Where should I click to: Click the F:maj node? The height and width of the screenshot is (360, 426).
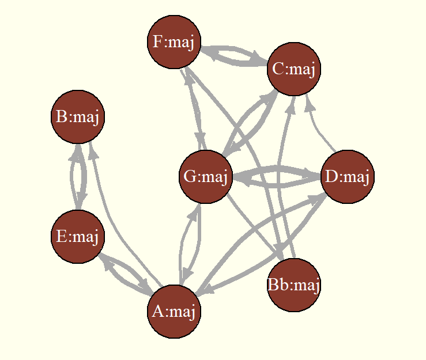[x=174, y=42]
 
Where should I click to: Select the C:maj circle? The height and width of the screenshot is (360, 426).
[x=294, y=69]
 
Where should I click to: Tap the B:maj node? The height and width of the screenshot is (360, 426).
[x=78, y=117]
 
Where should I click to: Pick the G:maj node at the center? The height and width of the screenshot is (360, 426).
[x=206, y=176]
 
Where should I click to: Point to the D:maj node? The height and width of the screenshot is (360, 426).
[x=348, y=176]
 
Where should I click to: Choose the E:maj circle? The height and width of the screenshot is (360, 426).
[x=78, y=237]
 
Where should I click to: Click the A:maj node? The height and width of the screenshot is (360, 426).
[x=174, y=312]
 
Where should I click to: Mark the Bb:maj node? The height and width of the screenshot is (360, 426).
[x=294, y=285]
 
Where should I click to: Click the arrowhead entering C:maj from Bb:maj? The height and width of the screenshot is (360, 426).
[x=291, y=105]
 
